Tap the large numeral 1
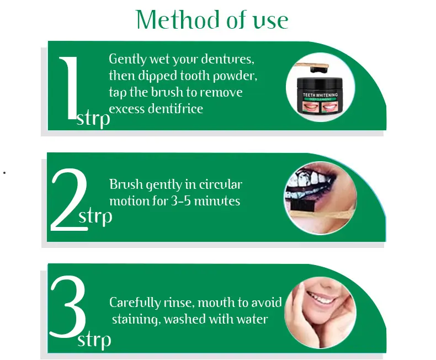tap(68, 88)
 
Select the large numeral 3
tap(68, 306)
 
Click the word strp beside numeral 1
tap(93, 119)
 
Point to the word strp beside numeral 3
tap(94, 340)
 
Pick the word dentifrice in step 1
tap(176, 108)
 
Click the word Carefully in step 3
tap(135, 303)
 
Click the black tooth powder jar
tap(320, 96)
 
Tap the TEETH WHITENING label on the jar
tap(320, 95)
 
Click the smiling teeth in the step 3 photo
tap(320, 297)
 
